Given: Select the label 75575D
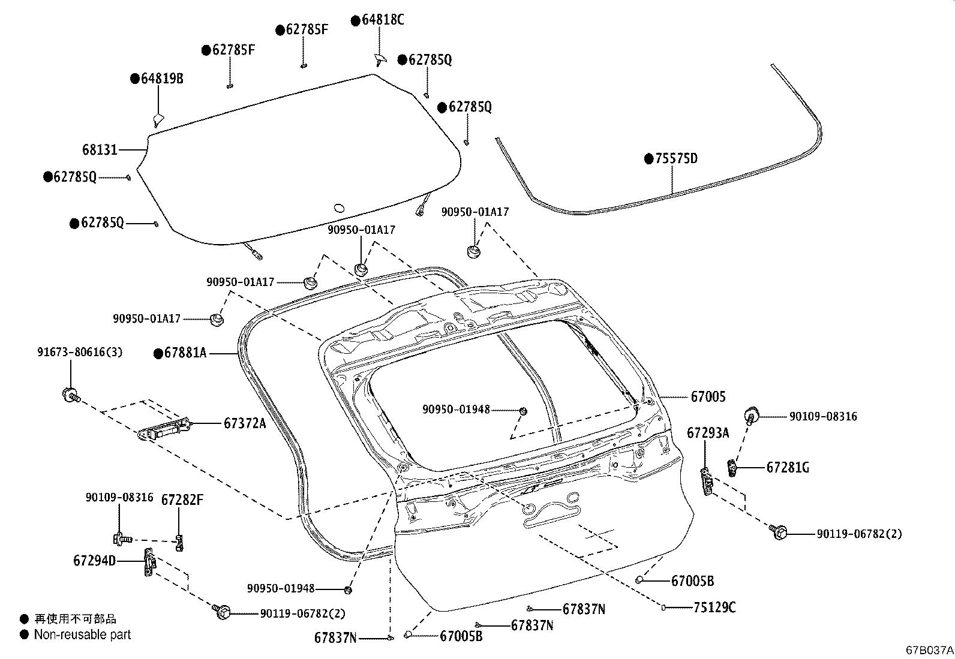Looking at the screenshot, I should tap(676, 159).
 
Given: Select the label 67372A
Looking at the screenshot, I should tap(244, 423).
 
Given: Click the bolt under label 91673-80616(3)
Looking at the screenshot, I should tap(71, 395).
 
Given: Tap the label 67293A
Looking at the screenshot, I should tap(708, 432).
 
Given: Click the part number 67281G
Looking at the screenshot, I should tap(787, 467).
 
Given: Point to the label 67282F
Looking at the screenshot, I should tap(182, 500).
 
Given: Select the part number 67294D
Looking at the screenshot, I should tap(94, 561).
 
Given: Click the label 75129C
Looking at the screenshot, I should tap(714, 607).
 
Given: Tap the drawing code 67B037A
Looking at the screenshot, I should tap(929, 649).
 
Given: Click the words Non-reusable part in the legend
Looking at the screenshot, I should tap(82, 634).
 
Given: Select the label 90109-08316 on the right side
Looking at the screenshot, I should tap(822, 416).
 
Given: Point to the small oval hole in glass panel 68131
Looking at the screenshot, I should tap(338, 207).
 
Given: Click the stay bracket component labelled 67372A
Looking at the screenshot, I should tap(165, 429).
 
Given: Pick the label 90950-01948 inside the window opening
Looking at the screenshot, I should tap(456, 410).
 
